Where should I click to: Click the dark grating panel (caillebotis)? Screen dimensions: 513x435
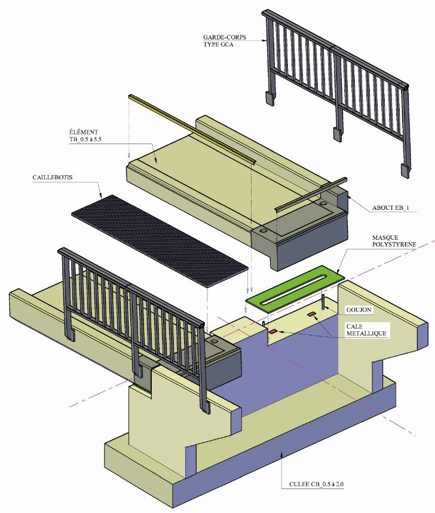coord(158,240)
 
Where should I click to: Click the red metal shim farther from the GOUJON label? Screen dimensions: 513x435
coord(273,331)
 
